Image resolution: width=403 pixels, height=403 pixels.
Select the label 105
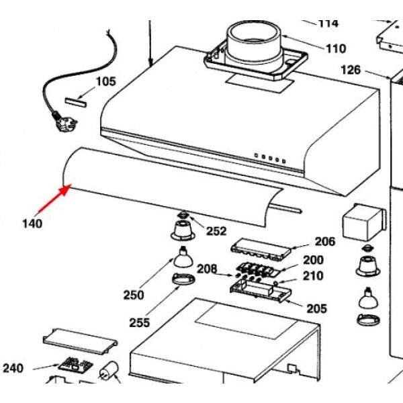[x=105, y=82]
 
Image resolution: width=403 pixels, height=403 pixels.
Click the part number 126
[x=351, y=70]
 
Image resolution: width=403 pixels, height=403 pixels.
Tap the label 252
[x=216, y=231]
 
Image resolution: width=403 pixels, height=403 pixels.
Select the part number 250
[x=134, y=294]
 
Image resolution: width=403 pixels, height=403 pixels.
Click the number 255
[x=139, y=323]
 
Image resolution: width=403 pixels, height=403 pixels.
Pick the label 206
[x=324, y=242]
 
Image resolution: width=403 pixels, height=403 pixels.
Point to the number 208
[x=207, y=269]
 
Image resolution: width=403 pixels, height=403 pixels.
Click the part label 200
[x=313, y=260]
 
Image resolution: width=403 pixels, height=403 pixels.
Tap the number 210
[x=313, y=275]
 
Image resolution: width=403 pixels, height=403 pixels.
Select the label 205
[x=316, y=309]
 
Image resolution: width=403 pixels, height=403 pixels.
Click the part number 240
[x=13, y=368]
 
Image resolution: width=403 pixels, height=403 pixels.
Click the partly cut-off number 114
[x=328, y=24]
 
